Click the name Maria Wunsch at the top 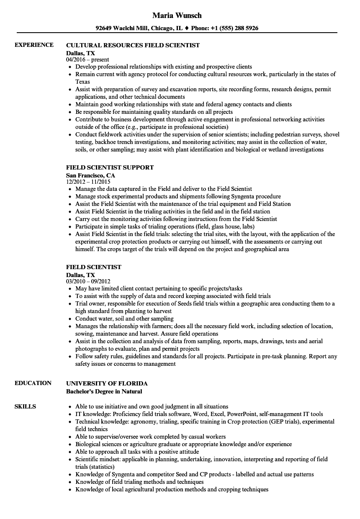pos(177,15)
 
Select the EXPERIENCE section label pos(34,45)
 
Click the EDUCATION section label pos(33,383)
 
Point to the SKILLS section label pos(25,406)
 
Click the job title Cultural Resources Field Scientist pos(133,45)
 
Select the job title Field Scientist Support pos(110,167)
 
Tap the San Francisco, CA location pos(90,175)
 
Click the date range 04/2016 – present pos(87,59)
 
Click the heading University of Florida pos(107,383)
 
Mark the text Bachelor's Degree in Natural pos(104,391)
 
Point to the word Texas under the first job pos(82,82)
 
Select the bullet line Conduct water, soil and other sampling pos(124,319)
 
